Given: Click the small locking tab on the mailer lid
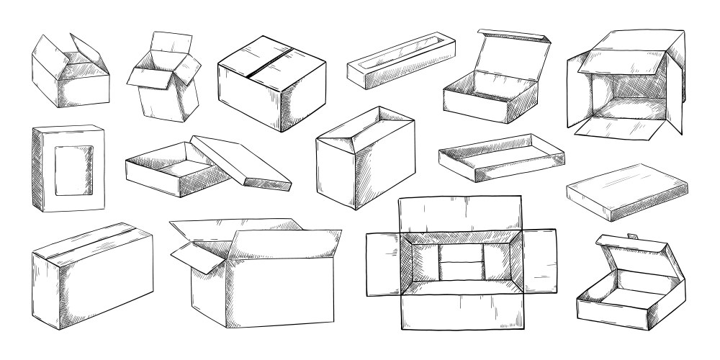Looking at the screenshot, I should [x=631, y=236].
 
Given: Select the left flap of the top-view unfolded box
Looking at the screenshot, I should [x=383, y=264].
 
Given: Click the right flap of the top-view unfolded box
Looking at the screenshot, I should [x=539, y=264].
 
